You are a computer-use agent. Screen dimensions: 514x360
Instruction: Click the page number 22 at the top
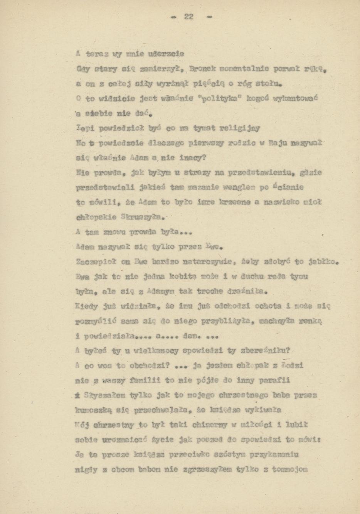(x=188, y=17)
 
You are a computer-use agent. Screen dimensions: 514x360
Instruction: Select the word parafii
(x=273, y=380)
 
